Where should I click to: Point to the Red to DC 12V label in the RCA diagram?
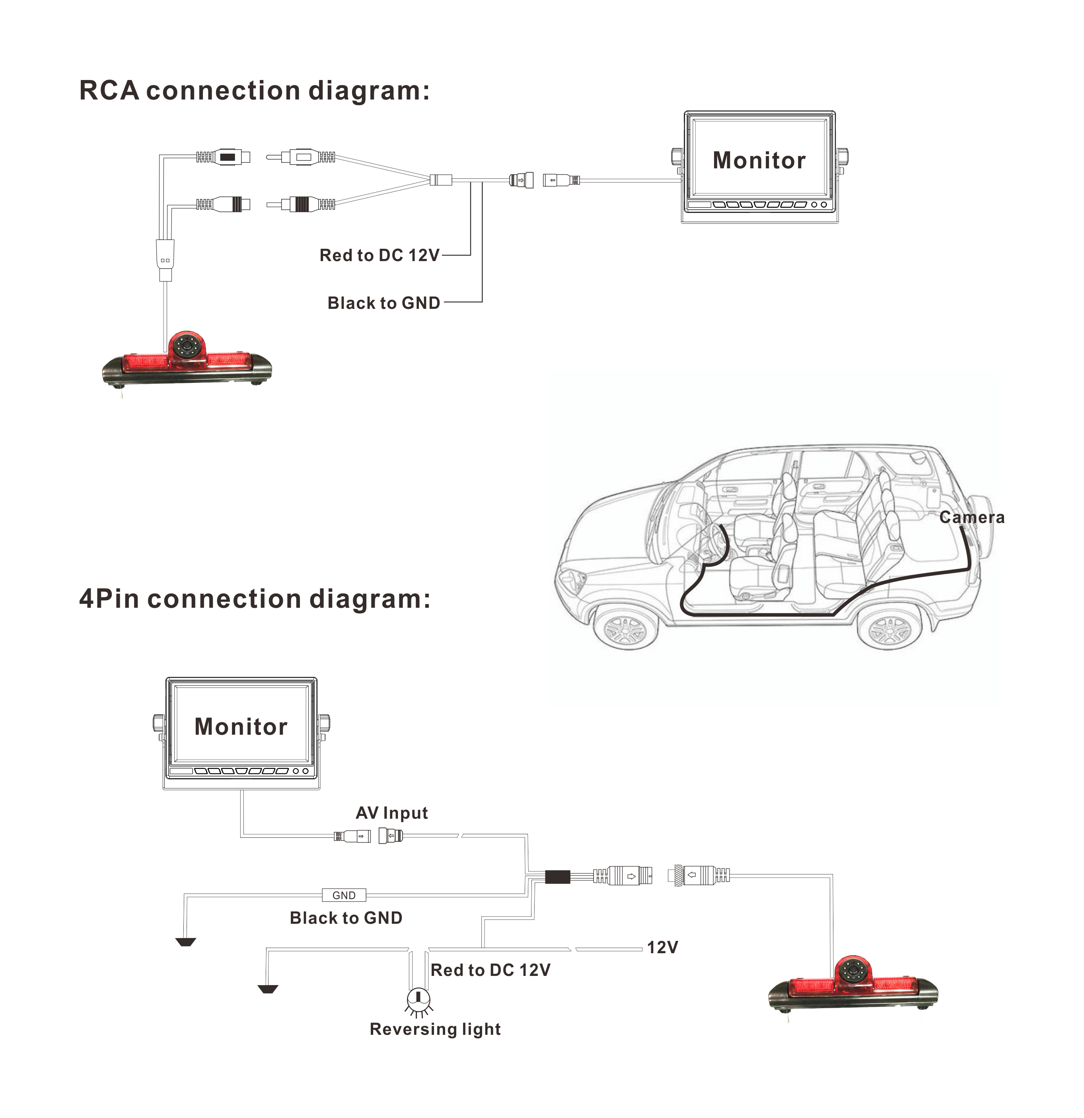pyautogui.click(x=379, y=255)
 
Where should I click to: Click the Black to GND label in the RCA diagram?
pyautogui.click(x=384, y=303)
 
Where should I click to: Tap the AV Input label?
pyautogui.click(x=392, y=813)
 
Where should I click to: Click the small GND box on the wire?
pyautogui.click(x=344, y=895)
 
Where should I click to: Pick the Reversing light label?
pyautogui.click(x=435, y=1029)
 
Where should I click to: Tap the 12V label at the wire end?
pyautogui.click(x=662, y=947)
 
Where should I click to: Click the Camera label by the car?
pyautogui.click(x=972, y=517)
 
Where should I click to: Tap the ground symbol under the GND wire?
pyautogui.click(x=186, y=942)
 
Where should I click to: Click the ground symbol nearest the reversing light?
pyautogui.click(x=267, y=989)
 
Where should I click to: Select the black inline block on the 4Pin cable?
pyautogui.click(x=558, y=877)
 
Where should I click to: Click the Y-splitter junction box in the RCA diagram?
pyautogui.click(x=441, y=180)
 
